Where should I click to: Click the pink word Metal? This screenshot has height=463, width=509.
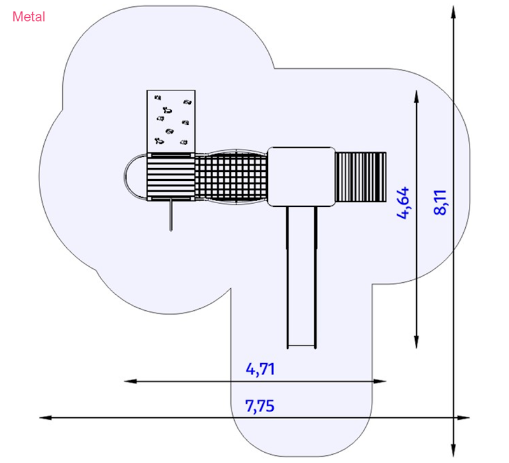29,17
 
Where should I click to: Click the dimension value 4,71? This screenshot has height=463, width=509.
260,369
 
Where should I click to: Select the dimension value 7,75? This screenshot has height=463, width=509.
260,406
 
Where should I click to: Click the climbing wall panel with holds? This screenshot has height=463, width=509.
171,121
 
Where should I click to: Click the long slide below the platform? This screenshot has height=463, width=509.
302,274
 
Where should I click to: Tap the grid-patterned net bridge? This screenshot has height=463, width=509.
232,176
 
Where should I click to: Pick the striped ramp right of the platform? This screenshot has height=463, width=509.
361,176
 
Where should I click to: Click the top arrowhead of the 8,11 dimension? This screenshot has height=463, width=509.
453,10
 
